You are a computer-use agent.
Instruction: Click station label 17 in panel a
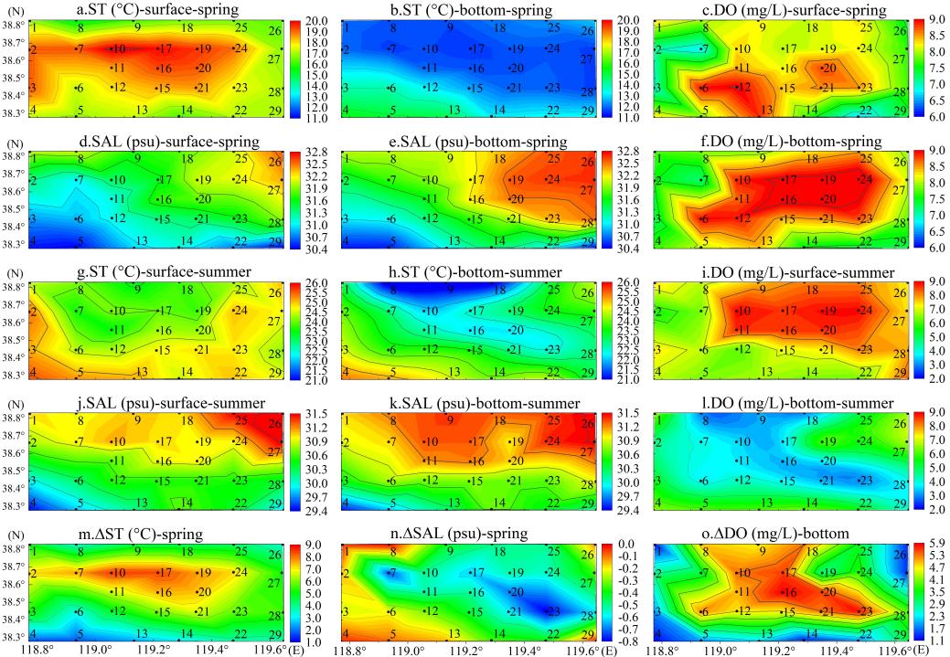point(165,48)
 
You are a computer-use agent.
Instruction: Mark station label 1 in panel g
point(35,290)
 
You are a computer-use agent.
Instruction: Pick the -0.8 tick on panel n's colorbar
point(626,641)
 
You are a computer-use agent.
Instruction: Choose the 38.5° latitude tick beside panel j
point(14,470)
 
